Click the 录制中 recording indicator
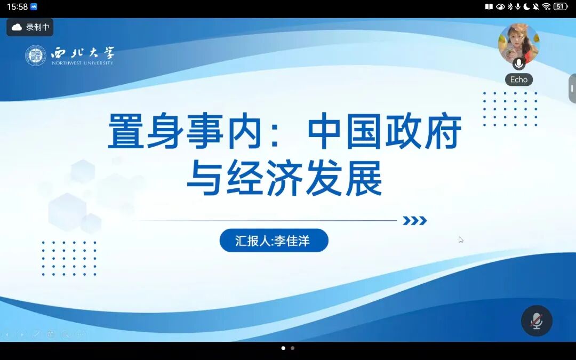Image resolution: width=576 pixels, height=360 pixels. (x=30, y=27)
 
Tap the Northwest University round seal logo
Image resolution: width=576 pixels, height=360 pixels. (x=36, y=55)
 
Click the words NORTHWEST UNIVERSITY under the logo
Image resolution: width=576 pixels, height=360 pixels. (x=83, y=63)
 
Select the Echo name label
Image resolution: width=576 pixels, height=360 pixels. (x=519, y=79)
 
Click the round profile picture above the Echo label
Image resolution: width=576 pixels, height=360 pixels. (x=519, y=43)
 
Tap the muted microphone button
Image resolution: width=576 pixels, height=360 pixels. (x=537, y=321)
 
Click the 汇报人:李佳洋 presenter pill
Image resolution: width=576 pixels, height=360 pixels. (x=274, y=241)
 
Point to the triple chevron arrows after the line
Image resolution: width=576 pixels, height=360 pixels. (x=415, y=220)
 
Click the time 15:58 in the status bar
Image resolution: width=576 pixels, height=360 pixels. (x=17, y=6)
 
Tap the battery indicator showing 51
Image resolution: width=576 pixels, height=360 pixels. (x=561, y=6)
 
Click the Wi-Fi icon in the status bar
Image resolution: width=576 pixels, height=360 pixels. (x=546, y=6)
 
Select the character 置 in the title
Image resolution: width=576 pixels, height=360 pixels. (x=126, y=131)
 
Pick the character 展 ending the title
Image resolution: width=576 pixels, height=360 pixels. (x=364, y=178)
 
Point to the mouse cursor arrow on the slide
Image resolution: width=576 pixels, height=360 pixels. (x=461, y=240)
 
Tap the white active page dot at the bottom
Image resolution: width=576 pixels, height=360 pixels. (x=283, y=348)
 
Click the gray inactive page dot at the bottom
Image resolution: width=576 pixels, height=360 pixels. (x=292, y=348)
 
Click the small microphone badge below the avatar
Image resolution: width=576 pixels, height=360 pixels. (x=519, y=63)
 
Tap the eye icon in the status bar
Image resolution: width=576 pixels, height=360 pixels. (x=500, y=6)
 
